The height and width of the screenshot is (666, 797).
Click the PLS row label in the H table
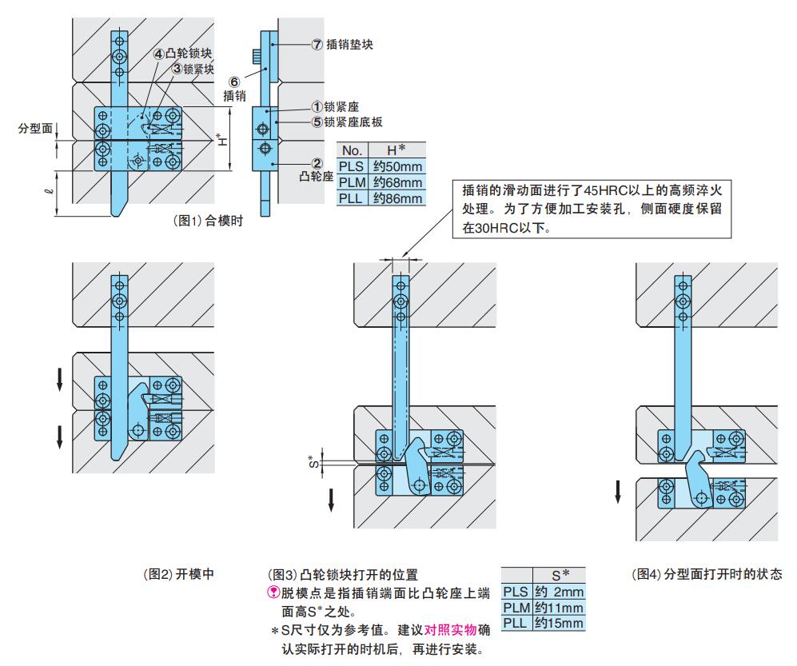point(352,166)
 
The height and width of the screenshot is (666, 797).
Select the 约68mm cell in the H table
point(397,182)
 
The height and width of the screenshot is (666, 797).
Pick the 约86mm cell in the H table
point(397,198)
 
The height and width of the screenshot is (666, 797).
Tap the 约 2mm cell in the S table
point(559,592)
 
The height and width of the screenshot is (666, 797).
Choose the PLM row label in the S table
point(516,608)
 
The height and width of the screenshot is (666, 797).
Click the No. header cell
point(352,150)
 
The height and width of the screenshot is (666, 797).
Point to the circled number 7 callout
point(316,45)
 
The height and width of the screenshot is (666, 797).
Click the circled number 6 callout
point(233,82)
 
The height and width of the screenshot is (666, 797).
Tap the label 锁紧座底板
point(353,122)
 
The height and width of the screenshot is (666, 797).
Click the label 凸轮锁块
point(189,54)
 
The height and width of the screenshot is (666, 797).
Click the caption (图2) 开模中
point(177,573)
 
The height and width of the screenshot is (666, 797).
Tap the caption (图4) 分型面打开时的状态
point(706,574)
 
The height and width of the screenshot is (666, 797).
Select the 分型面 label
point(34,127)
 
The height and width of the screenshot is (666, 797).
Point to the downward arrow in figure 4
point(617,491)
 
